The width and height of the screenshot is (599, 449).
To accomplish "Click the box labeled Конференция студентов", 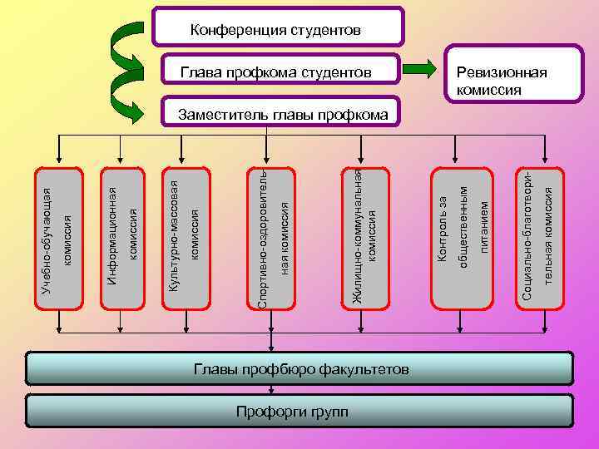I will [x=278, y=29].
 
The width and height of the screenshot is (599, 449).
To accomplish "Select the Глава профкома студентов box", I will [x=276, y=73].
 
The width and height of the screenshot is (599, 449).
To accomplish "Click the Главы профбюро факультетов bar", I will [x=300, y=368].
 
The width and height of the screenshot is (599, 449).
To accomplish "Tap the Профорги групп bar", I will [x=300, y=412].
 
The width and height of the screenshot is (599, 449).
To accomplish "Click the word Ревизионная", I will [x=497, y=73].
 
